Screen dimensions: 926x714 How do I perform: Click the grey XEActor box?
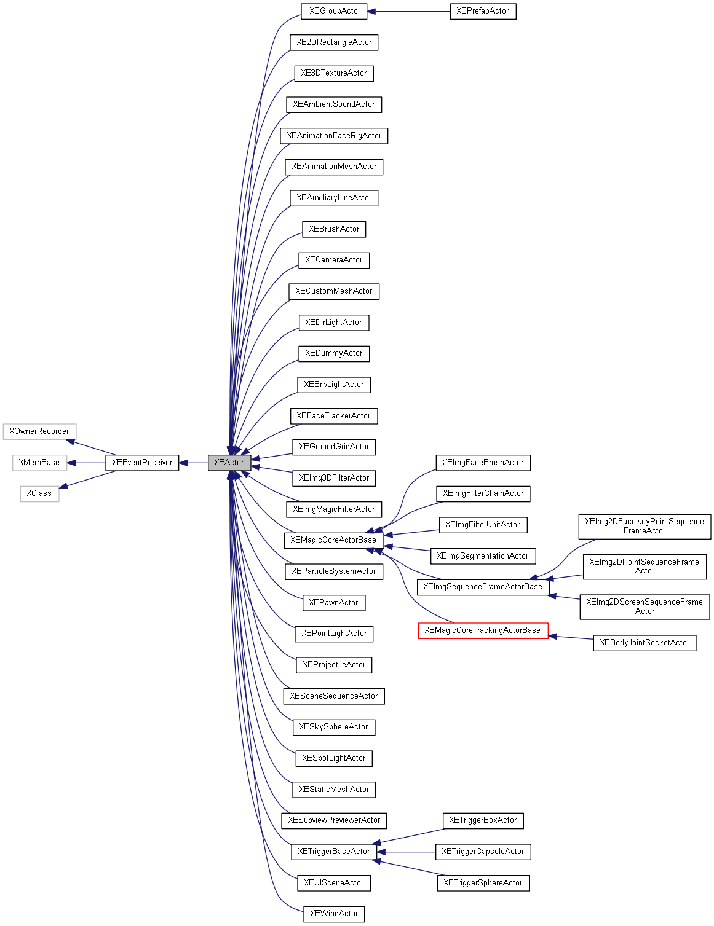click(x=229, y=463)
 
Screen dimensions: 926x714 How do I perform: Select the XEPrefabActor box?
click(x=483, y=11)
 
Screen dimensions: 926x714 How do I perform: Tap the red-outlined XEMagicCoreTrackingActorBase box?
click(x=483, y=630)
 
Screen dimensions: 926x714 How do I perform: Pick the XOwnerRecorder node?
click(x=39, y=431)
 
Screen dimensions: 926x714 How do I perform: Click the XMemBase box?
click(x=39, y=463)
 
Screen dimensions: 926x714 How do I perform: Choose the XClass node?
click(x=39, y=493)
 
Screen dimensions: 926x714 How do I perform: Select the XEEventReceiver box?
click(x=142, y=463)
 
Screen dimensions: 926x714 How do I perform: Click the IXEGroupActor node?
click(x=334, y=11)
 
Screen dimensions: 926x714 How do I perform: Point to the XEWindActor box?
click(x=334, y=914)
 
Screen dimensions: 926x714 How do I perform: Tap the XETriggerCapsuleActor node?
click(x=483, y=852)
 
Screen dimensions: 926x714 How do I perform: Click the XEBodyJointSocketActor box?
click(x=645, y=643)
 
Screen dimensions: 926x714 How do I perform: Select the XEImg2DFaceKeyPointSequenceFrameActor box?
click(x=645, y=527)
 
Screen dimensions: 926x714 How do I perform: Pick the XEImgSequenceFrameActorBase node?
click(x=483, y=587)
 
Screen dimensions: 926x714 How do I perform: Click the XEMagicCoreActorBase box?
click(x=333, y=540)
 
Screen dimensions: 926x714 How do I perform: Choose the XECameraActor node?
click(x=334, y=260)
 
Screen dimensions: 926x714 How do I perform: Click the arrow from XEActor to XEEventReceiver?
click(x=194, y=463)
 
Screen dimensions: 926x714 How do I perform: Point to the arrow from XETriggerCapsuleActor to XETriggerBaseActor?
click(x=406, y=852)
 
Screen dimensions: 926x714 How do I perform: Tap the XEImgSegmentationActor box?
click(x=483, y=556)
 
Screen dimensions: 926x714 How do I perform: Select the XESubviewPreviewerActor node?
click(x=334, y=820)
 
